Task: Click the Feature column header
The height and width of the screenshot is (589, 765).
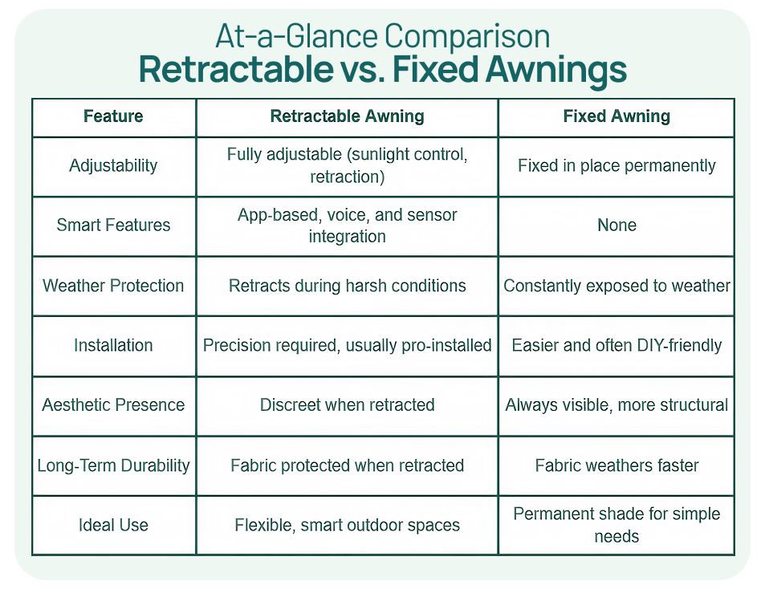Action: (x=113, y=116)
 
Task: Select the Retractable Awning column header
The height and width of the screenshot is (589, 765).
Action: (x=347, y=116)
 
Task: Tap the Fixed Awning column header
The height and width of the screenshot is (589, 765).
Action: (x=616, y=116)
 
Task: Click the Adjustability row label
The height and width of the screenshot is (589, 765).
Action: (x=113, y=166)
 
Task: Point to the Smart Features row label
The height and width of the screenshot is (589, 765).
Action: (x=113, y=225)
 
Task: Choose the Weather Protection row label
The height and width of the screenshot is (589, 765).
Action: (x=113, y=286)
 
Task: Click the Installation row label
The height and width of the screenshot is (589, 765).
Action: (x=113, y=345)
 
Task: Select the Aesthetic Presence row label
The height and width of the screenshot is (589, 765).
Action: (x=113, y=405)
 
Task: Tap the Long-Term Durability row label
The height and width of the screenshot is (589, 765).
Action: (x=113, y=465)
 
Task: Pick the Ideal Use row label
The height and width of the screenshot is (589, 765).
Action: (x=113, y=525)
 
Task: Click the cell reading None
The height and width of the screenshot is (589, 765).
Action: (x=616, y=225)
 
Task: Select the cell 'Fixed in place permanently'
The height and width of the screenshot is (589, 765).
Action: (x=616, y=166)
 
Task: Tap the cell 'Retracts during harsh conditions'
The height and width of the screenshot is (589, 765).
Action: (x=347, y=286)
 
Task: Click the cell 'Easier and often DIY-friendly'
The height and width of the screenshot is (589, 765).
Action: (x=616, y=345)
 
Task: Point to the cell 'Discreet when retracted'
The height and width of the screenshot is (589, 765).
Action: (x=347, y=405)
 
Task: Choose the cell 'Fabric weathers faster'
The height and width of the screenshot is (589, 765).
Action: (x=616, y=465)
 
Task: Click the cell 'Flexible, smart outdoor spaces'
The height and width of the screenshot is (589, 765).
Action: (x=347, y=525)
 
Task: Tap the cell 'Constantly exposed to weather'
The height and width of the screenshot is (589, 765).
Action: (x=616, y=286)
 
